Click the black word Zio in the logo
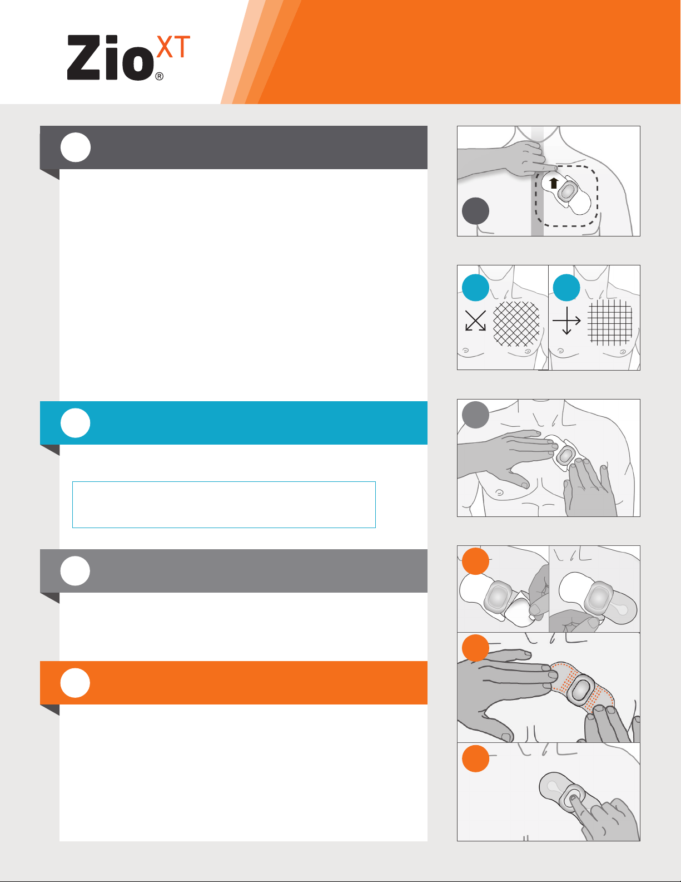point(110,57)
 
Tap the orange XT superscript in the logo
point(173,47)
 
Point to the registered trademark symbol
point(160,76)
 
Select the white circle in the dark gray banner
point(76,147)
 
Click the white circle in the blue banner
point(76,423)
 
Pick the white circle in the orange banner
point(76,683)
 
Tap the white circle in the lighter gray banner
point(76,571)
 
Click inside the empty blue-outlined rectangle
point(223,505)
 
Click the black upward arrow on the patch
point(554,184)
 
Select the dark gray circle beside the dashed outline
point(475,211)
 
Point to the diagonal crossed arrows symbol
point(475,321)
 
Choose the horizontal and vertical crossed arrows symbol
point(566,321)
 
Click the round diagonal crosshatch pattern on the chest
point(516,324)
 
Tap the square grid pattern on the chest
point(610,322)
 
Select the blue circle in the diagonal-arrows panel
point(475,288)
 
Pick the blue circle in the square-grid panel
point(566,288)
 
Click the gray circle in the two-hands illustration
point(475,415)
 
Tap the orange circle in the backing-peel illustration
point(475,561)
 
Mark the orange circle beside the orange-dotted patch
point(475,648)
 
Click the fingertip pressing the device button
point(572,798)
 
